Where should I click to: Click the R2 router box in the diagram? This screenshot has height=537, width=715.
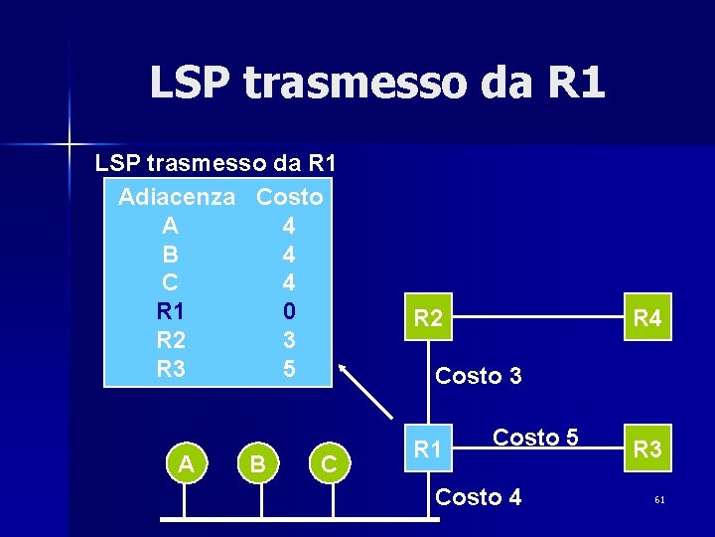[429, 318]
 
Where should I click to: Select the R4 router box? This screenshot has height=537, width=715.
[647, 318]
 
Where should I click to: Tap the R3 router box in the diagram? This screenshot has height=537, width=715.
[647, 448]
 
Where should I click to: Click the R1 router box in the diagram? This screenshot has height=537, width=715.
[428, 448]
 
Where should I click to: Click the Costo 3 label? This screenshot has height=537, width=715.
[479, 376]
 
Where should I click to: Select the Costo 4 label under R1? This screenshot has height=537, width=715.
[479, 496]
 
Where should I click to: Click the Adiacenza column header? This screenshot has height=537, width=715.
[177, 197]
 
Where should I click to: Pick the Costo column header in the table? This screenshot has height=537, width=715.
[289, 197]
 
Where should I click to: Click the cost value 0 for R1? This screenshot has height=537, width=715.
[289, 310]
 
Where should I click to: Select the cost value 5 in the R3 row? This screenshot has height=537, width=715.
[289, 368]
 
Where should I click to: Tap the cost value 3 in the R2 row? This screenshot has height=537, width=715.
[289, 339]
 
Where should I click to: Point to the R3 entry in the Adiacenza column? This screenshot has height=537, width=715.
[171, 368]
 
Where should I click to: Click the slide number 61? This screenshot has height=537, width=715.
[659, 499]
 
